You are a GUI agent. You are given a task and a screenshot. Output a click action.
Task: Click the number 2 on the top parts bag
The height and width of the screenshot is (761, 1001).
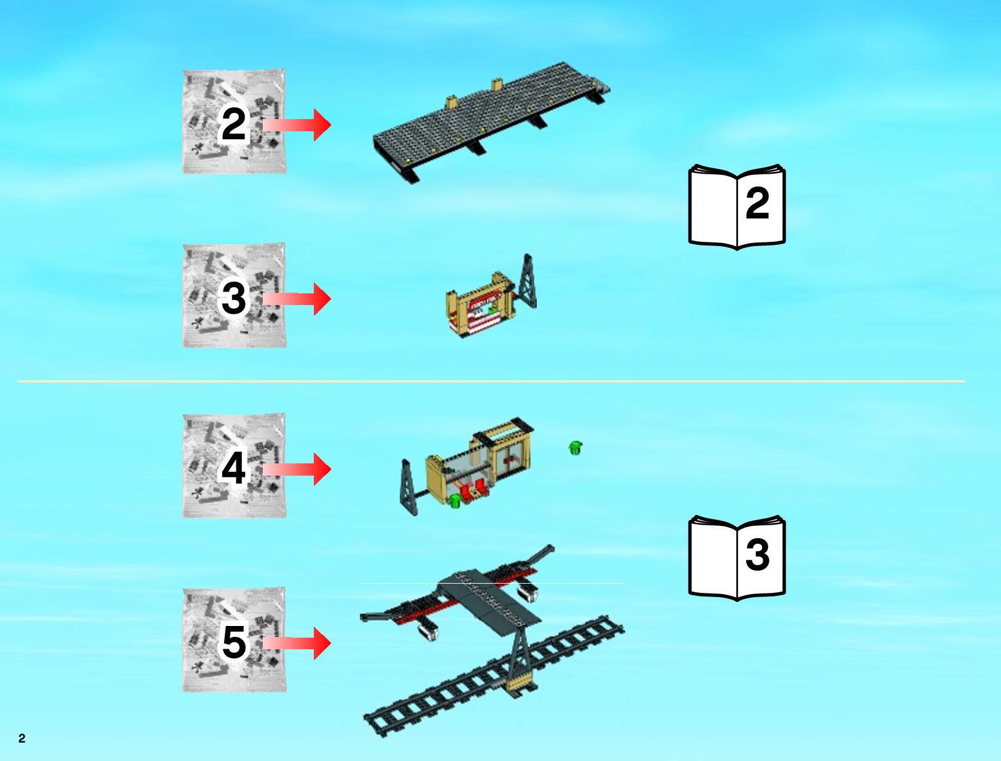pos(233,125)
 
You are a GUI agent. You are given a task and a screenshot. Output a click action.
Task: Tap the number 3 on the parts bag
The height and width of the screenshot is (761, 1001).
pos(233,298)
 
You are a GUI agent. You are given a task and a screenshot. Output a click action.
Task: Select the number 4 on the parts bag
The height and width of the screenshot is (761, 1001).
pos(233,468)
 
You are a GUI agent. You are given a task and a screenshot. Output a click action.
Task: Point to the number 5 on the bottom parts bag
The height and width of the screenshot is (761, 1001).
pos(233,642)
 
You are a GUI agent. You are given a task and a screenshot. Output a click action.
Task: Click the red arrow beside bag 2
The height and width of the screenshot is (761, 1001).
pos(297,125)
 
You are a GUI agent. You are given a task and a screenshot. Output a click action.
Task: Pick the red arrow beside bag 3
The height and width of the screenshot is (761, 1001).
pos(297,299)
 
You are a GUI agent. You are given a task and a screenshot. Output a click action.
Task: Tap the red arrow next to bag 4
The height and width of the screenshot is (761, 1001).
pos(297,469)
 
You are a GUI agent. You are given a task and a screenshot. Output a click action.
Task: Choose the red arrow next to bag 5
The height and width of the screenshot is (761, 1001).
pos(297,643)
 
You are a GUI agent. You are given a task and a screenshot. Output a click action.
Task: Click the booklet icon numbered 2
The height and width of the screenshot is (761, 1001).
pos(737,207)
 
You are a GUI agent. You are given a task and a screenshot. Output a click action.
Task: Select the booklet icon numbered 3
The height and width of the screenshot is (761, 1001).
pos(737,558)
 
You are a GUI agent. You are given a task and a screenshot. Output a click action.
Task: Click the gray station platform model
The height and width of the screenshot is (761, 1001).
pos(490,123)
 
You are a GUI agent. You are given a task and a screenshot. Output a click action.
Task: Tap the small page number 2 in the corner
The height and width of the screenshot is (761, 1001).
pos(22,738)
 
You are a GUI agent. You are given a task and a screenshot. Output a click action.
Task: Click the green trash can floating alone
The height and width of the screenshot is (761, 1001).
pos(575,447)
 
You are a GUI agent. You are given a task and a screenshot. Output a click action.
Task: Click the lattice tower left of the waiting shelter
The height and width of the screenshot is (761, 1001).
pos(408,487)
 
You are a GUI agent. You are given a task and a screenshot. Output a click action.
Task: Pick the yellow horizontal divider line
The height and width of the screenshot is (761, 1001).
pos(491,381)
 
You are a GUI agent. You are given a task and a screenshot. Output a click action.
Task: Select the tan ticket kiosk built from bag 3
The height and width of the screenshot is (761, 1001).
pos(479,304)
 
